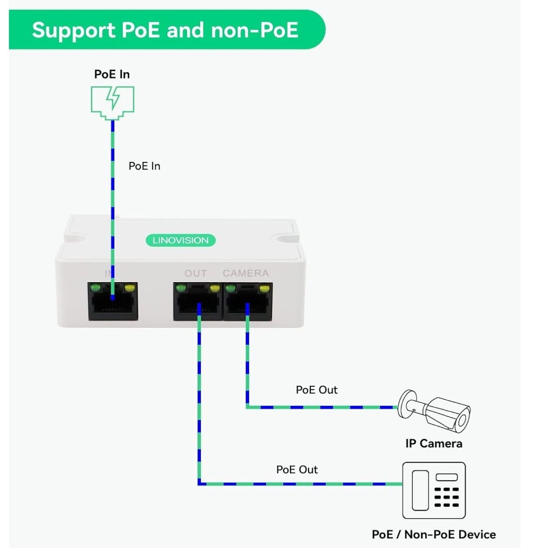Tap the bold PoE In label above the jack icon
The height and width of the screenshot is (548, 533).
[112, 74]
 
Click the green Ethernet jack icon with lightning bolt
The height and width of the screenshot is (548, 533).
[112, 102]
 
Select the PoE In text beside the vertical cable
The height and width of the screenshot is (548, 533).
[144, 166]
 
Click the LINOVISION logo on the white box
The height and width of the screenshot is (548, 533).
[180, 240]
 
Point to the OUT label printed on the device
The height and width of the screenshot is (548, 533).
[195, 274]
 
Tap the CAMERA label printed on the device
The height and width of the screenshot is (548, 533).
[245, 274]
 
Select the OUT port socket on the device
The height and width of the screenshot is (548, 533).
[198, 303]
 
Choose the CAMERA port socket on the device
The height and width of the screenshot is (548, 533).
[248, 303]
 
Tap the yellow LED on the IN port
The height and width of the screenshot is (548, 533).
[130, 289]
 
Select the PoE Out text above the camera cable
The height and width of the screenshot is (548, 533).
[317, 390]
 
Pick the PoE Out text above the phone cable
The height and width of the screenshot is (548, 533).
[297, 470]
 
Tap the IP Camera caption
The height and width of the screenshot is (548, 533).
[434, 444]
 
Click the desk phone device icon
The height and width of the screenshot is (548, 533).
[434, 490]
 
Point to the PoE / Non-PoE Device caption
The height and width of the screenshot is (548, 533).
[434, 535]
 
